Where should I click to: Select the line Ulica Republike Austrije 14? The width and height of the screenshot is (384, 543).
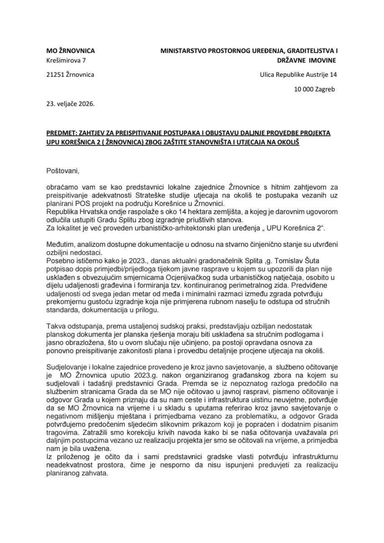(298, 75)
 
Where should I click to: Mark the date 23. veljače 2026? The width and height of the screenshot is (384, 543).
(71, 103)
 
